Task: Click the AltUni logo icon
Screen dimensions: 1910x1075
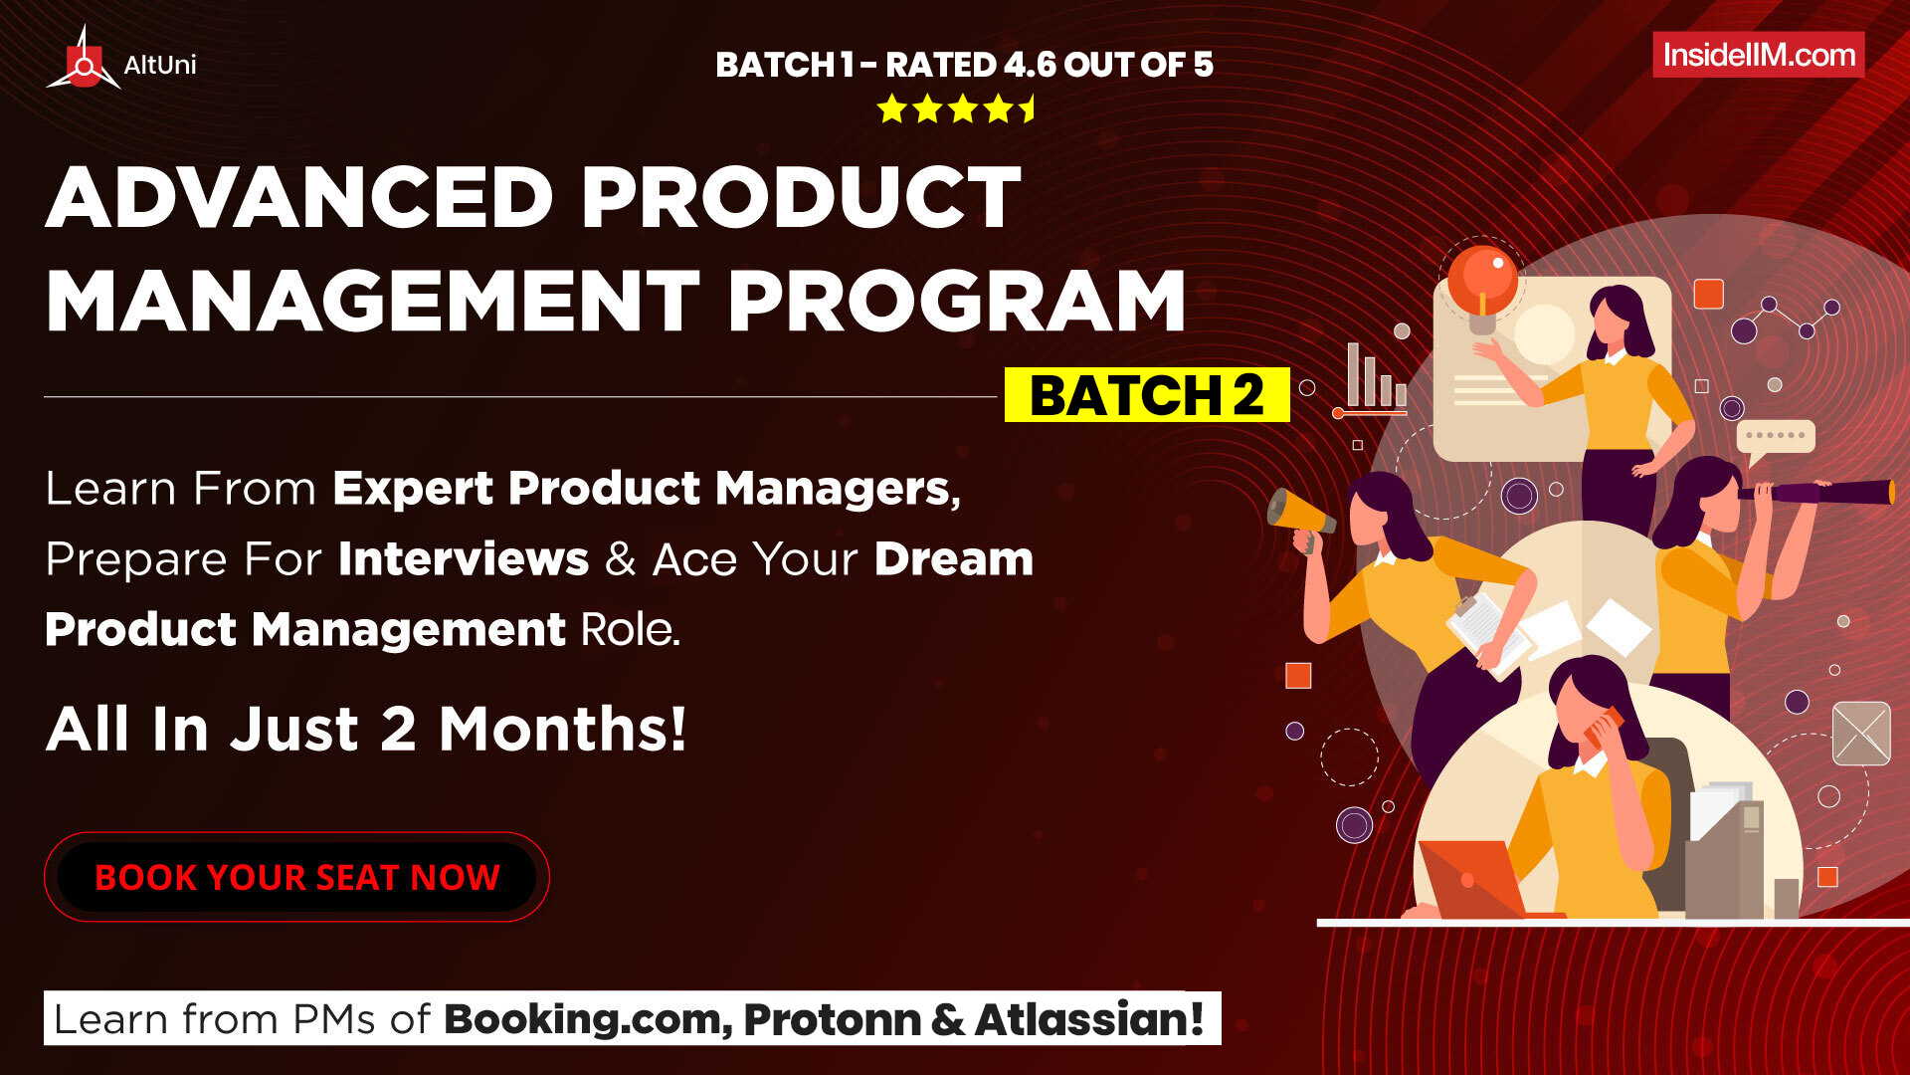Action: tap(84, 60)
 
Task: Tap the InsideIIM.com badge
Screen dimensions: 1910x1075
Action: tap(1759, 55)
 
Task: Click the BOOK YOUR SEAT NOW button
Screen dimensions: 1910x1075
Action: tap(296, 877)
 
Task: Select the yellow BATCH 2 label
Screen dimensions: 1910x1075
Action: tap(1147, 395)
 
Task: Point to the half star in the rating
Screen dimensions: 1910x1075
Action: tap(1028, 108)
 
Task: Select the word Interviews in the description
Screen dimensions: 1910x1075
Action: tap(464, 558)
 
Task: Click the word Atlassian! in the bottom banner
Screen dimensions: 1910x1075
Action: tap(1089, 1019)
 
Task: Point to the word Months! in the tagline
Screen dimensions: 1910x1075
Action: tap(563, 729)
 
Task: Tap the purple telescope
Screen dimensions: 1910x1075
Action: tap(1815, 492)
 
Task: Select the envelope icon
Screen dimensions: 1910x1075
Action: tap(1861, 734)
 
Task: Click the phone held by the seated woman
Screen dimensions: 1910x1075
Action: tap(1603, 728)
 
